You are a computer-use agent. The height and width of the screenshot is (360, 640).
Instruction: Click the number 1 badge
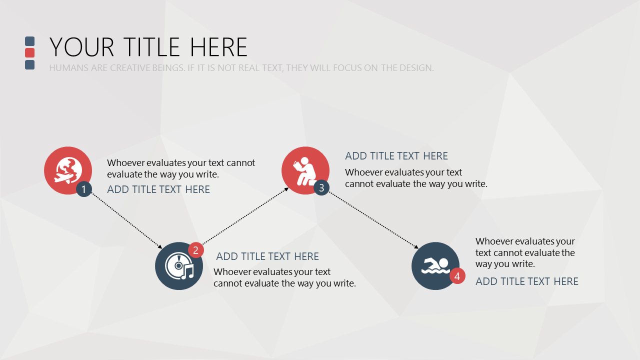tap(83, 189)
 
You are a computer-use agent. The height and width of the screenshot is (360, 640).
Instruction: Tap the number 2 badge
tap(195, 250)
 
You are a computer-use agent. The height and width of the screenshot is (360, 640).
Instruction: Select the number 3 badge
tap(321, 187)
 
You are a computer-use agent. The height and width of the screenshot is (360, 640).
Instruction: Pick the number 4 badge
tap(457, 276)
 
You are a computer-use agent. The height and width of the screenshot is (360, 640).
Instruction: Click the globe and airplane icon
tap(68, 170)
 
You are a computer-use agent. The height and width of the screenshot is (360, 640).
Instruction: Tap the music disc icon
tap(179, 266)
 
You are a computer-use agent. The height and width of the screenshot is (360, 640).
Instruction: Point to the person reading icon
tap(304, 171)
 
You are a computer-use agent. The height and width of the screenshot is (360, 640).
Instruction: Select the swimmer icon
tap(435, 265)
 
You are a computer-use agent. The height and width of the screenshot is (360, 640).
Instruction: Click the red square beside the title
tap(29, 53)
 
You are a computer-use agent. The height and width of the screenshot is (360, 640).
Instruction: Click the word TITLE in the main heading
tap(151, 47)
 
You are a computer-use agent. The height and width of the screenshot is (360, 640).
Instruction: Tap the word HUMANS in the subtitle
tap(68, 68)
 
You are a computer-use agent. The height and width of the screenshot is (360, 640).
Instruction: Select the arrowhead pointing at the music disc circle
tap(160, 246)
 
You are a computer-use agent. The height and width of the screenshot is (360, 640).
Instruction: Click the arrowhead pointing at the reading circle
tap(286, 189)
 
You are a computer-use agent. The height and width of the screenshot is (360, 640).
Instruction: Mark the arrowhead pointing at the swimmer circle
tap(416, 246)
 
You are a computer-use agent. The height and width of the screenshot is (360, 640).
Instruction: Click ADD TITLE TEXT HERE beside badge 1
tap(158, 189)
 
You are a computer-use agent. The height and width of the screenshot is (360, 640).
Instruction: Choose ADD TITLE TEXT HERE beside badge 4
tap(527, 281)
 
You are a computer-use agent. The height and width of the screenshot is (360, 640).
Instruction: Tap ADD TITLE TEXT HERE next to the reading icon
tap(396, 156)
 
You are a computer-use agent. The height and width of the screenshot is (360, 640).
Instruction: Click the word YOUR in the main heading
tap(82, 47)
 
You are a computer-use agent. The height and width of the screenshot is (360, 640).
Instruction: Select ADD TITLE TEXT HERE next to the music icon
tap(267, 256)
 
